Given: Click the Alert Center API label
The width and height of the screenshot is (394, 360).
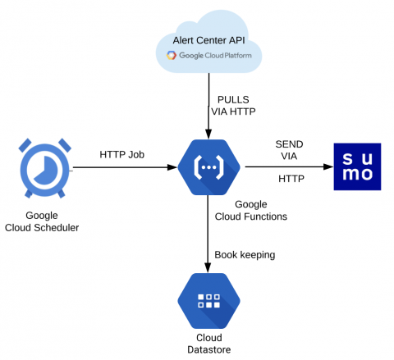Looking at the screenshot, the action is tap(208, 40).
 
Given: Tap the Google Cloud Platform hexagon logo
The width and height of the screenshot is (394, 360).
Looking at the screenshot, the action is tap(172, 55).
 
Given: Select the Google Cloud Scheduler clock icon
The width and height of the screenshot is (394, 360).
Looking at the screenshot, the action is tap(45, 168).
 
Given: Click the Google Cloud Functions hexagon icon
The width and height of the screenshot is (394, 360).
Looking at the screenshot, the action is tap(208, 167).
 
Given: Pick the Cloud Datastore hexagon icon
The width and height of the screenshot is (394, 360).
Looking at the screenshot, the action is tap(208, 301).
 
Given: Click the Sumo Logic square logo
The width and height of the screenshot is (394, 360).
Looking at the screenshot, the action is tap(357, 166).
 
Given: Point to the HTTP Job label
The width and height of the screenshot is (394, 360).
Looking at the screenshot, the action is tap(121, 155).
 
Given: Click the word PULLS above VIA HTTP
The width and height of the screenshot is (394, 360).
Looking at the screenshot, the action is tap(233, 99).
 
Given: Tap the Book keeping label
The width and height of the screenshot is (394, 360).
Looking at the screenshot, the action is tap(245, 255).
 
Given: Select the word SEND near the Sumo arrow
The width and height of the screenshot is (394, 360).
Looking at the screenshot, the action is tap(289, 144).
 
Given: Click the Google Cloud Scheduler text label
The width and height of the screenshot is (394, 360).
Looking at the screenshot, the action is tap(42, 221).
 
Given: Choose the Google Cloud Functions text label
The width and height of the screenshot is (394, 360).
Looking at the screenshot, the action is tap(251, 210).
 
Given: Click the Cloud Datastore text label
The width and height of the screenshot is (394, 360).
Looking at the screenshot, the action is tap(209, 344).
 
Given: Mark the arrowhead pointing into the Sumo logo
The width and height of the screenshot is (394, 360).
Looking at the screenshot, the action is tap(328, 166).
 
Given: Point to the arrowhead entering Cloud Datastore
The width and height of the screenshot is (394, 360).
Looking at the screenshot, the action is tap(208, 267).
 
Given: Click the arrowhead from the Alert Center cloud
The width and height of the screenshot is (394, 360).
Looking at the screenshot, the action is tap(208, 134).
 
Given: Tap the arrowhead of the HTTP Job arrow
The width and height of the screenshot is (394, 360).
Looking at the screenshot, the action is tap(172, 167).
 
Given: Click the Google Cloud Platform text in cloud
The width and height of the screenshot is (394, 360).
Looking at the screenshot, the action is tap(215, 56).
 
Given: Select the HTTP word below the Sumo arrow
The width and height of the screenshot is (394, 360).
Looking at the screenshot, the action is tap(291, 179).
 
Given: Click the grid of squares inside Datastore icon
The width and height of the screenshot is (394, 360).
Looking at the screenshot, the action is tap(208, 301).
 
